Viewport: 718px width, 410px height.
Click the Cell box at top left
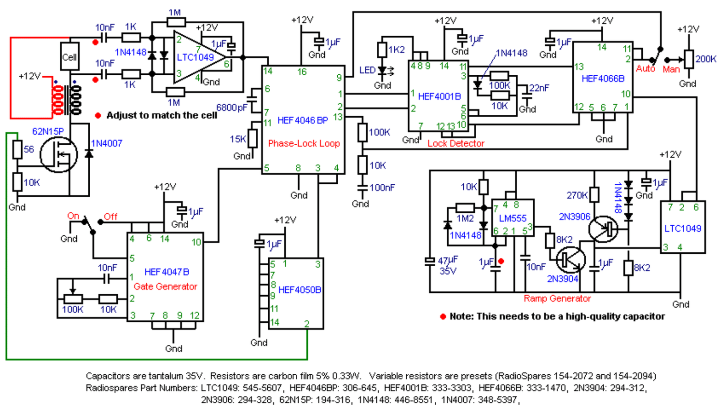[x=69, y=56]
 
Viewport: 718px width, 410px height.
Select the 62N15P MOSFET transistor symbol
[x=59, y=155]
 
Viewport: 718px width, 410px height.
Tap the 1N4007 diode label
[x=107, y=144]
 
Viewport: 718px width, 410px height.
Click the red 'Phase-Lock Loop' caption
[x=304, y=144]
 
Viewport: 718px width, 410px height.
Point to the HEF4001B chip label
[x=440, y=96]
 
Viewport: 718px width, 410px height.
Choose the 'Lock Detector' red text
[x=456, y=144]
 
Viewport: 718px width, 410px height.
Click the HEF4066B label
[x=603, y=79]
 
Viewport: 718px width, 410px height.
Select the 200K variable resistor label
[x=705, y=59]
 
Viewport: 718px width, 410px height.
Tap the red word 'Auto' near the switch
[x=645, y=69]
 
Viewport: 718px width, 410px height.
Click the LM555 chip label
[x=512, y=219]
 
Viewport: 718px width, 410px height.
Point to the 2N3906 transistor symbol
[x=603, y=229]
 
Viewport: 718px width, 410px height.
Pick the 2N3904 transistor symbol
[x=571, y=260]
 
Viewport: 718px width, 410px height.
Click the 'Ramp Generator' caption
[x=557, y=299]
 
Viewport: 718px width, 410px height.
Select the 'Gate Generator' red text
[x=166, y=287]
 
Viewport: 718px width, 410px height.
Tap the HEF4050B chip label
[x=300, y=290]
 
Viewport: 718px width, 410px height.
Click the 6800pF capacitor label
[x=232, y=108]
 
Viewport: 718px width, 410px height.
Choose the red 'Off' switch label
[x=110, y=217]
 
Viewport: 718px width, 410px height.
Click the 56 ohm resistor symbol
[x=17, y=149]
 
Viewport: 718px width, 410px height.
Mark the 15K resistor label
[x=238, y=139]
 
